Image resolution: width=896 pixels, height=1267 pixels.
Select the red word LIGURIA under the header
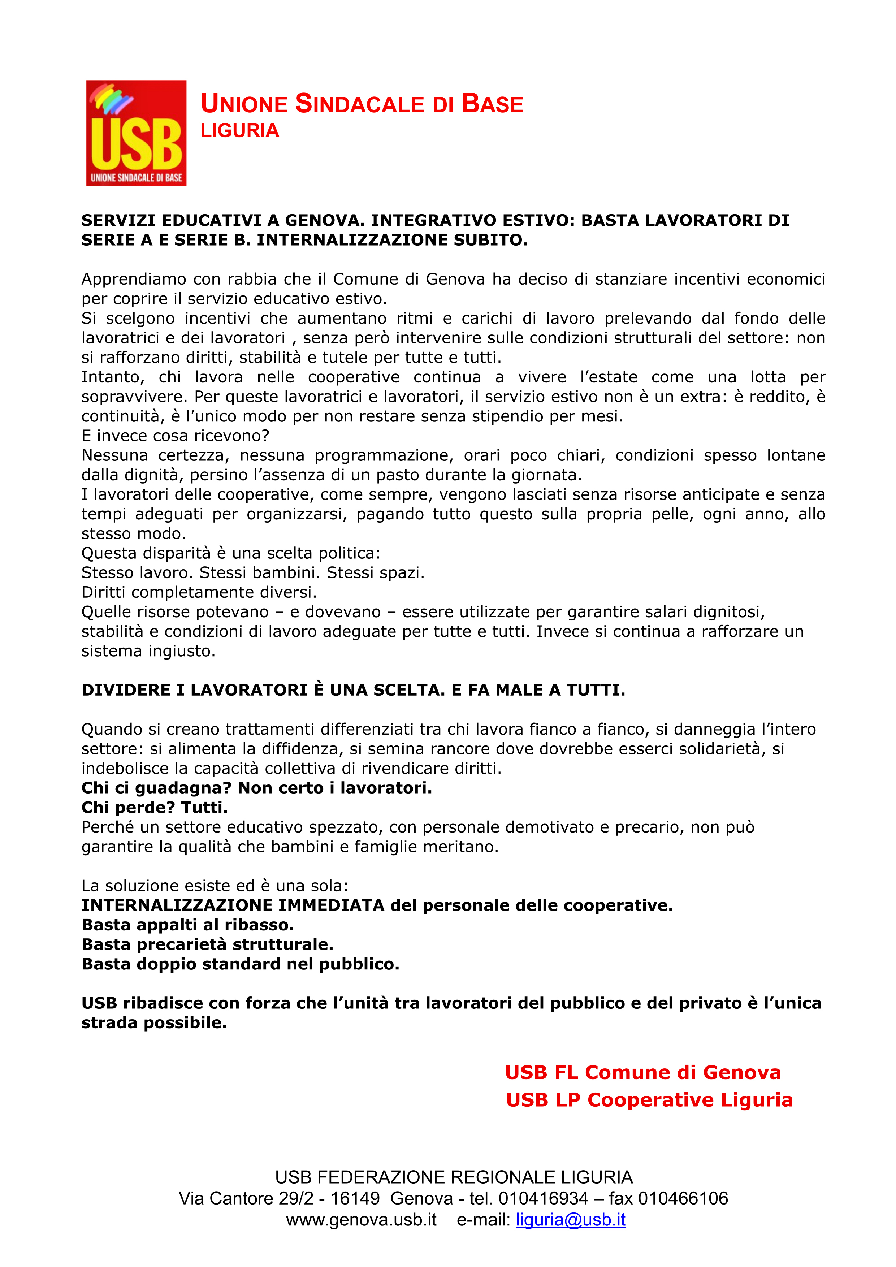239,131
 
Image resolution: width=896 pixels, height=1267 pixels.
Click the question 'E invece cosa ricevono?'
176,436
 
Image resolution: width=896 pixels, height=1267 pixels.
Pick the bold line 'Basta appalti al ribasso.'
187,925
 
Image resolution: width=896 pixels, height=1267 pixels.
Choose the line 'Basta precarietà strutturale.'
207,944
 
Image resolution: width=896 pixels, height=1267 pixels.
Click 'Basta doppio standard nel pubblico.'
240,964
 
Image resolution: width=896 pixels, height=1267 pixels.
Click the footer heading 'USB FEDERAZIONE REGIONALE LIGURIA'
454,1177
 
